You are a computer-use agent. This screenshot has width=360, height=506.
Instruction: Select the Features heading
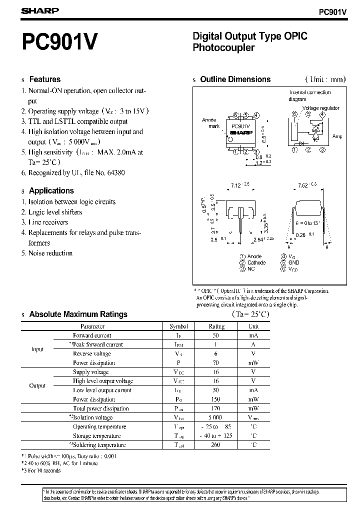coord(44,79)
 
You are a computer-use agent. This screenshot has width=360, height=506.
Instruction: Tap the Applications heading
coord(51,190)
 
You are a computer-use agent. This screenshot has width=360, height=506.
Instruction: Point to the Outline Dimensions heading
coord(235,79)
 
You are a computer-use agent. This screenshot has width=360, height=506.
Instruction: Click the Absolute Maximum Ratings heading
coord(78,314)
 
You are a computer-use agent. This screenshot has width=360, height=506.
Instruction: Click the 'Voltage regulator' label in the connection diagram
coord(320,108)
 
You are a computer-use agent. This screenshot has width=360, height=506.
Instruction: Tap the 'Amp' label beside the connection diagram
coord(337,136)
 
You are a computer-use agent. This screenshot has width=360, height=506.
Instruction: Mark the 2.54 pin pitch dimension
coord(258,240)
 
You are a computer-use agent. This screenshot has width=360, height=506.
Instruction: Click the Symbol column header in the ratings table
coord(178,326)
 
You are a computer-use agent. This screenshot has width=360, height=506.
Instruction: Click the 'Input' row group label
coord(38,349)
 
